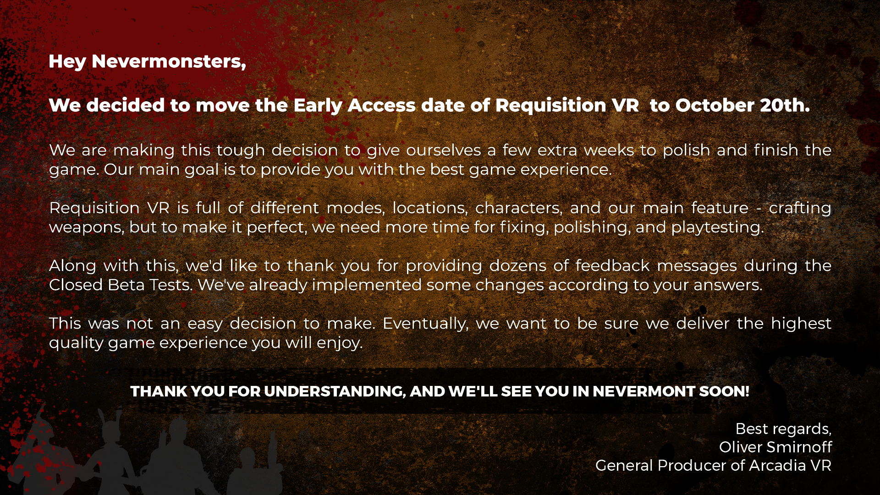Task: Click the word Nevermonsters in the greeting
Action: pyautogui.click(x=169, y=61)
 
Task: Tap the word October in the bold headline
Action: pyautogui.click(x=715, y=105)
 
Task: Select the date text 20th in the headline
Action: pyautogui.click(x=785, y=105)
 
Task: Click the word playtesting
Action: pyautogui.click(x=718, y=228)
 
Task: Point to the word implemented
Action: pyautogui.click(x=367, y=286)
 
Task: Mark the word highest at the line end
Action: pyautogui.click(x=801, y=324)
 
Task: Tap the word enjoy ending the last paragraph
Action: pyautogui.click(x=340, y=343)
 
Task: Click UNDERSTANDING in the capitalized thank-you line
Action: pyautogui.click(x=335, y=391)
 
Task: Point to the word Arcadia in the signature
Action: pyautogui.click(x=777, y=466)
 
